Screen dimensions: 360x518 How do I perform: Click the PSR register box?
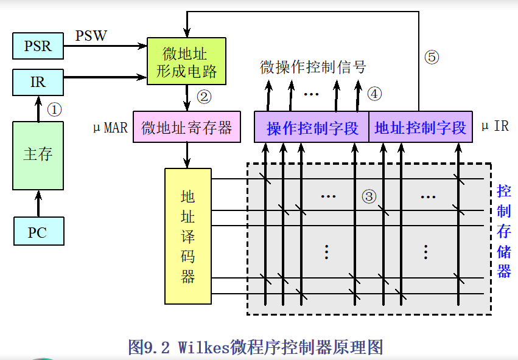pos(38,46)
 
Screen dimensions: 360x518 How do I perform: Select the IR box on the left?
pos(38,82)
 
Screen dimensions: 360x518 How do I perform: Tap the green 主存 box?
pos(38,155)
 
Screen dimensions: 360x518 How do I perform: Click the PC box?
pos(38,232)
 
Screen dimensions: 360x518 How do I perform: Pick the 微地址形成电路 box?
pos(186,61)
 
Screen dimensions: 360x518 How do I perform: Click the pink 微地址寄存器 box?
pos(187,128)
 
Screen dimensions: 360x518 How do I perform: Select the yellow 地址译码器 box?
pos(188,237)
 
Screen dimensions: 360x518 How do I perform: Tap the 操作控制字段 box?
pos(312,128)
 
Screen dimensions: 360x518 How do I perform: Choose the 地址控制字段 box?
pos(421,128)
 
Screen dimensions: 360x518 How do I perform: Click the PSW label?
pos(91,36)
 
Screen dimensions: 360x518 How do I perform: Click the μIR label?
pos(494,126)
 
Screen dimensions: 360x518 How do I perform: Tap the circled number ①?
pos(55,109)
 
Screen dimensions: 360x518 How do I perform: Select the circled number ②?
pos(204,96)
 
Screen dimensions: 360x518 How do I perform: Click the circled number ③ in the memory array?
pos(369,196)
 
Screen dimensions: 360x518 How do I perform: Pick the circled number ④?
pos(374,94)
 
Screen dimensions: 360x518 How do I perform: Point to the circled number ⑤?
pos(431,58)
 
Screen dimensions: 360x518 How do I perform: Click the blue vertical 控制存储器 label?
pos(503,231)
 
